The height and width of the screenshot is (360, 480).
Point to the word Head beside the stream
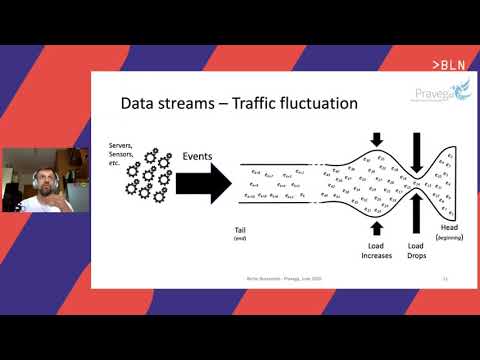[x=448, y=226]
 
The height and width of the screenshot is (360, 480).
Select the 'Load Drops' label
[x=416, y=250]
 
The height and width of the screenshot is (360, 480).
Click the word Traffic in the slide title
[x=248, y=102]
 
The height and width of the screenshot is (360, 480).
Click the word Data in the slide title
[x=141, y=102]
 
